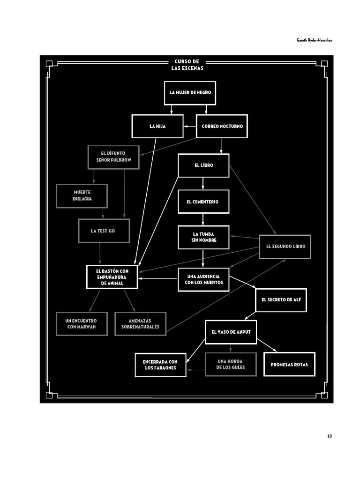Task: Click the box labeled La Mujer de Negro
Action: click(x=190, y=92)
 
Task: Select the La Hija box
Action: click(x=157, y=126)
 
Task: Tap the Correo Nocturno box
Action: click(x=222, y=126)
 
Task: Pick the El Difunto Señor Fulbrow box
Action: click(x=113, y=157)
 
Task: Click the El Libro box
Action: click(x=203, y=165)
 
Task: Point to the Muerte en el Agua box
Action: click(x=82, y=196)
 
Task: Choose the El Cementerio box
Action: click(x=203, y=202)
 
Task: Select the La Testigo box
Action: click(x=104, y=231)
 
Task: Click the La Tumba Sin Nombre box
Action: click(x=203, y=237)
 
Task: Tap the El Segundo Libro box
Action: click(x=285, y=246)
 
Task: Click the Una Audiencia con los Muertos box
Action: click(x=203, y=279)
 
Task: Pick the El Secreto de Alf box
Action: click(x=281, y=300)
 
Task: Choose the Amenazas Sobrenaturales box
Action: click(x=140, y=323)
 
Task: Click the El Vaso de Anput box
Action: click(x=231, y=332)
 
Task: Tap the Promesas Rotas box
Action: click(x=289, y=364)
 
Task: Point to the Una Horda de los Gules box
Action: click(x=231, y=364)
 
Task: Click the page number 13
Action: click(x=330, y=436)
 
